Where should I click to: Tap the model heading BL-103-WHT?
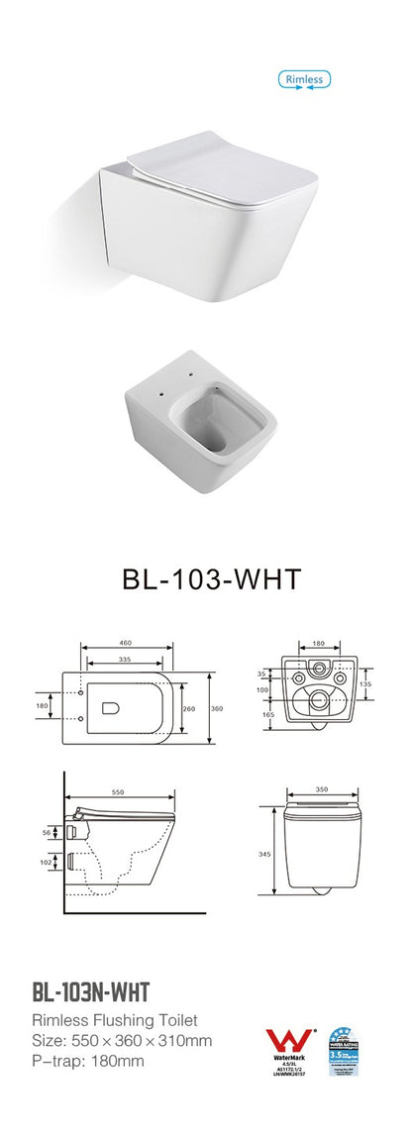pyautogui.click(x=204, y=578)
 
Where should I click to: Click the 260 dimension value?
pyautogui.click(x=188, y=708)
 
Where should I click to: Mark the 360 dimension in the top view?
pyautogui.click(x=217, y=708)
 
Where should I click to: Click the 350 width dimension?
pyautogui.click(x=321, y=791)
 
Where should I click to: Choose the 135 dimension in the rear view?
pyautogui.click(x=364, y=682)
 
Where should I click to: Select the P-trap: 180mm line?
pyautogui.click(x=88, y=1061)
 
